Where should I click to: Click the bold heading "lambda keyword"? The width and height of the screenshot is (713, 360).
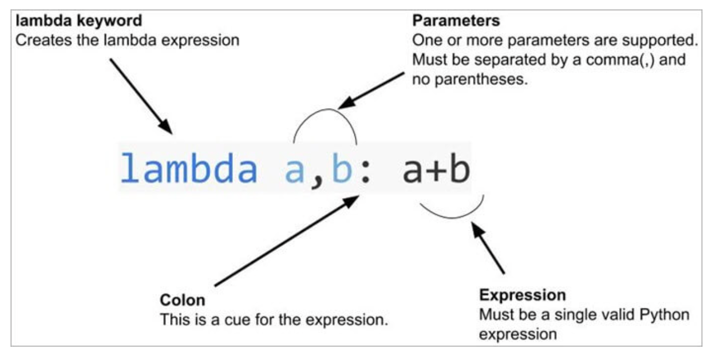(79, 22)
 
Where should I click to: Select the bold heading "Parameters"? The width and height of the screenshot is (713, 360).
(456, 22)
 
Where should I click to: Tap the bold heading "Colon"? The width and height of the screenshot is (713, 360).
(182, 301)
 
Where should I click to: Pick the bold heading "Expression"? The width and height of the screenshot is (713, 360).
(523, 294)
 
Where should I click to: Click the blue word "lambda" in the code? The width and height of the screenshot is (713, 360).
(189, 169)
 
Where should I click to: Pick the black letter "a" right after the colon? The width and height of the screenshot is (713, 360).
(414, 171)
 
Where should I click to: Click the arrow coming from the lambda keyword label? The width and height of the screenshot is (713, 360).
(141, 95)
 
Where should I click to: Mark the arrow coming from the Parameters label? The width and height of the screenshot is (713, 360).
(372, 90)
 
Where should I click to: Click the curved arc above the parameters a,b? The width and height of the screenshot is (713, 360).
(325, 113)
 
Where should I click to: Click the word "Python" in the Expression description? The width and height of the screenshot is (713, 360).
(669, 315)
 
